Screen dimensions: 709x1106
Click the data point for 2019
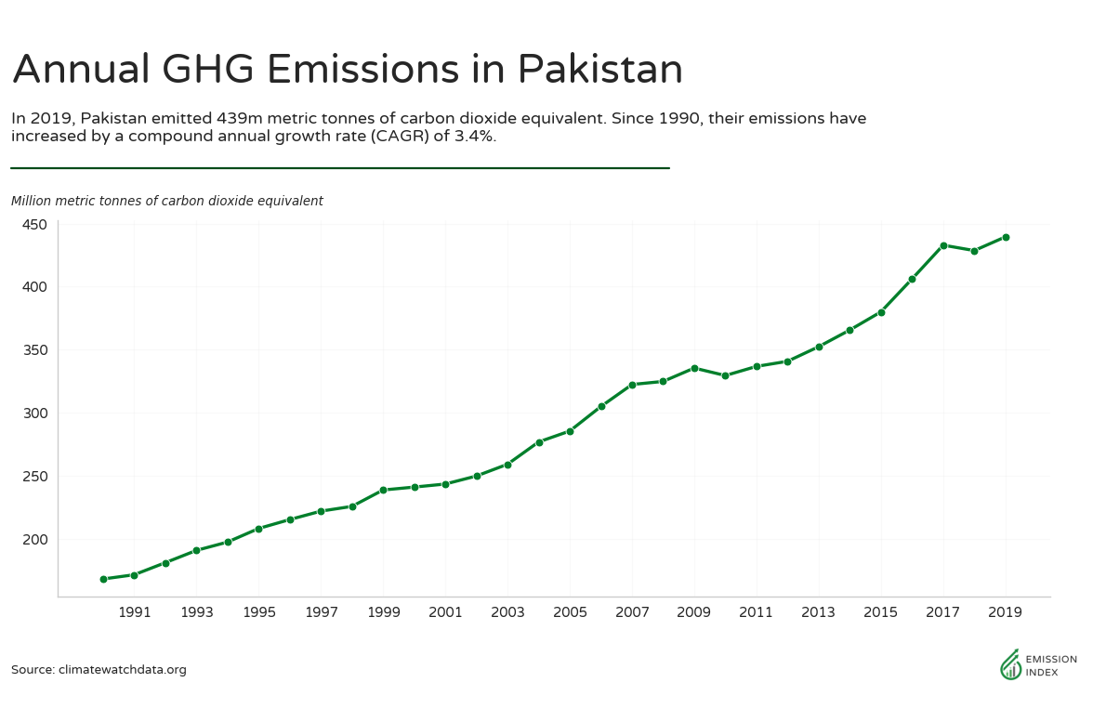(x=1006, y=237)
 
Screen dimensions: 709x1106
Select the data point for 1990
(x=103, y=579)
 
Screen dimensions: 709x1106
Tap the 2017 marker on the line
(x=943, y=245)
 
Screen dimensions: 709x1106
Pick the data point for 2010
(x=725, y=375)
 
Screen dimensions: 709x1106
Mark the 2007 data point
(x=632, y=385)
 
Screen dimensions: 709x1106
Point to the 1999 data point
(x=383, y=490)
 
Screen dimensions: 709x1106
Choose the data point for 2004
(x=539, y=442)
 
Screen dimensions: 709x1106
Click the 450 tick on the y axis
(x=34, y=224)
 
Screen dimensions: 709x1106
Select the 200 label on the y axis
(x=34, y=540)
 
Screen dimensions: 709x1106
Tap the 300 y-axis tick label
(x=34, y=414)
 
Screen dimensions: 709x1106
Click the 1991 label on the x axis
(x=135, y=613)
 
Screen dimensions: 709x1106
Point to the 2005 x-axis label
(x=570, y=613)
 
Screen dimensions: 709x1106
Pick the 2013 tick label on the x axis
(x=819, y=613)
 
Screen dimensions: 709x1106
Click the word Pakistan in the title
(x=599, y=70)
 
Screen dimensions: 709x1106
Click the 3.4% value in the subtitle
(x=471, y=137)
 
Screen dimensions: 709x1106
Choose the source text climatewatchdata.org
(x=122, y=670)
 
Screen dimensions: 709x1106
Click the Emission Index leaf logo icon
(x=1010, y=664)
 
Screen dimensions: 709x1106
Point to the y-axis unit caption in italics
(x=167, y=201)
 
